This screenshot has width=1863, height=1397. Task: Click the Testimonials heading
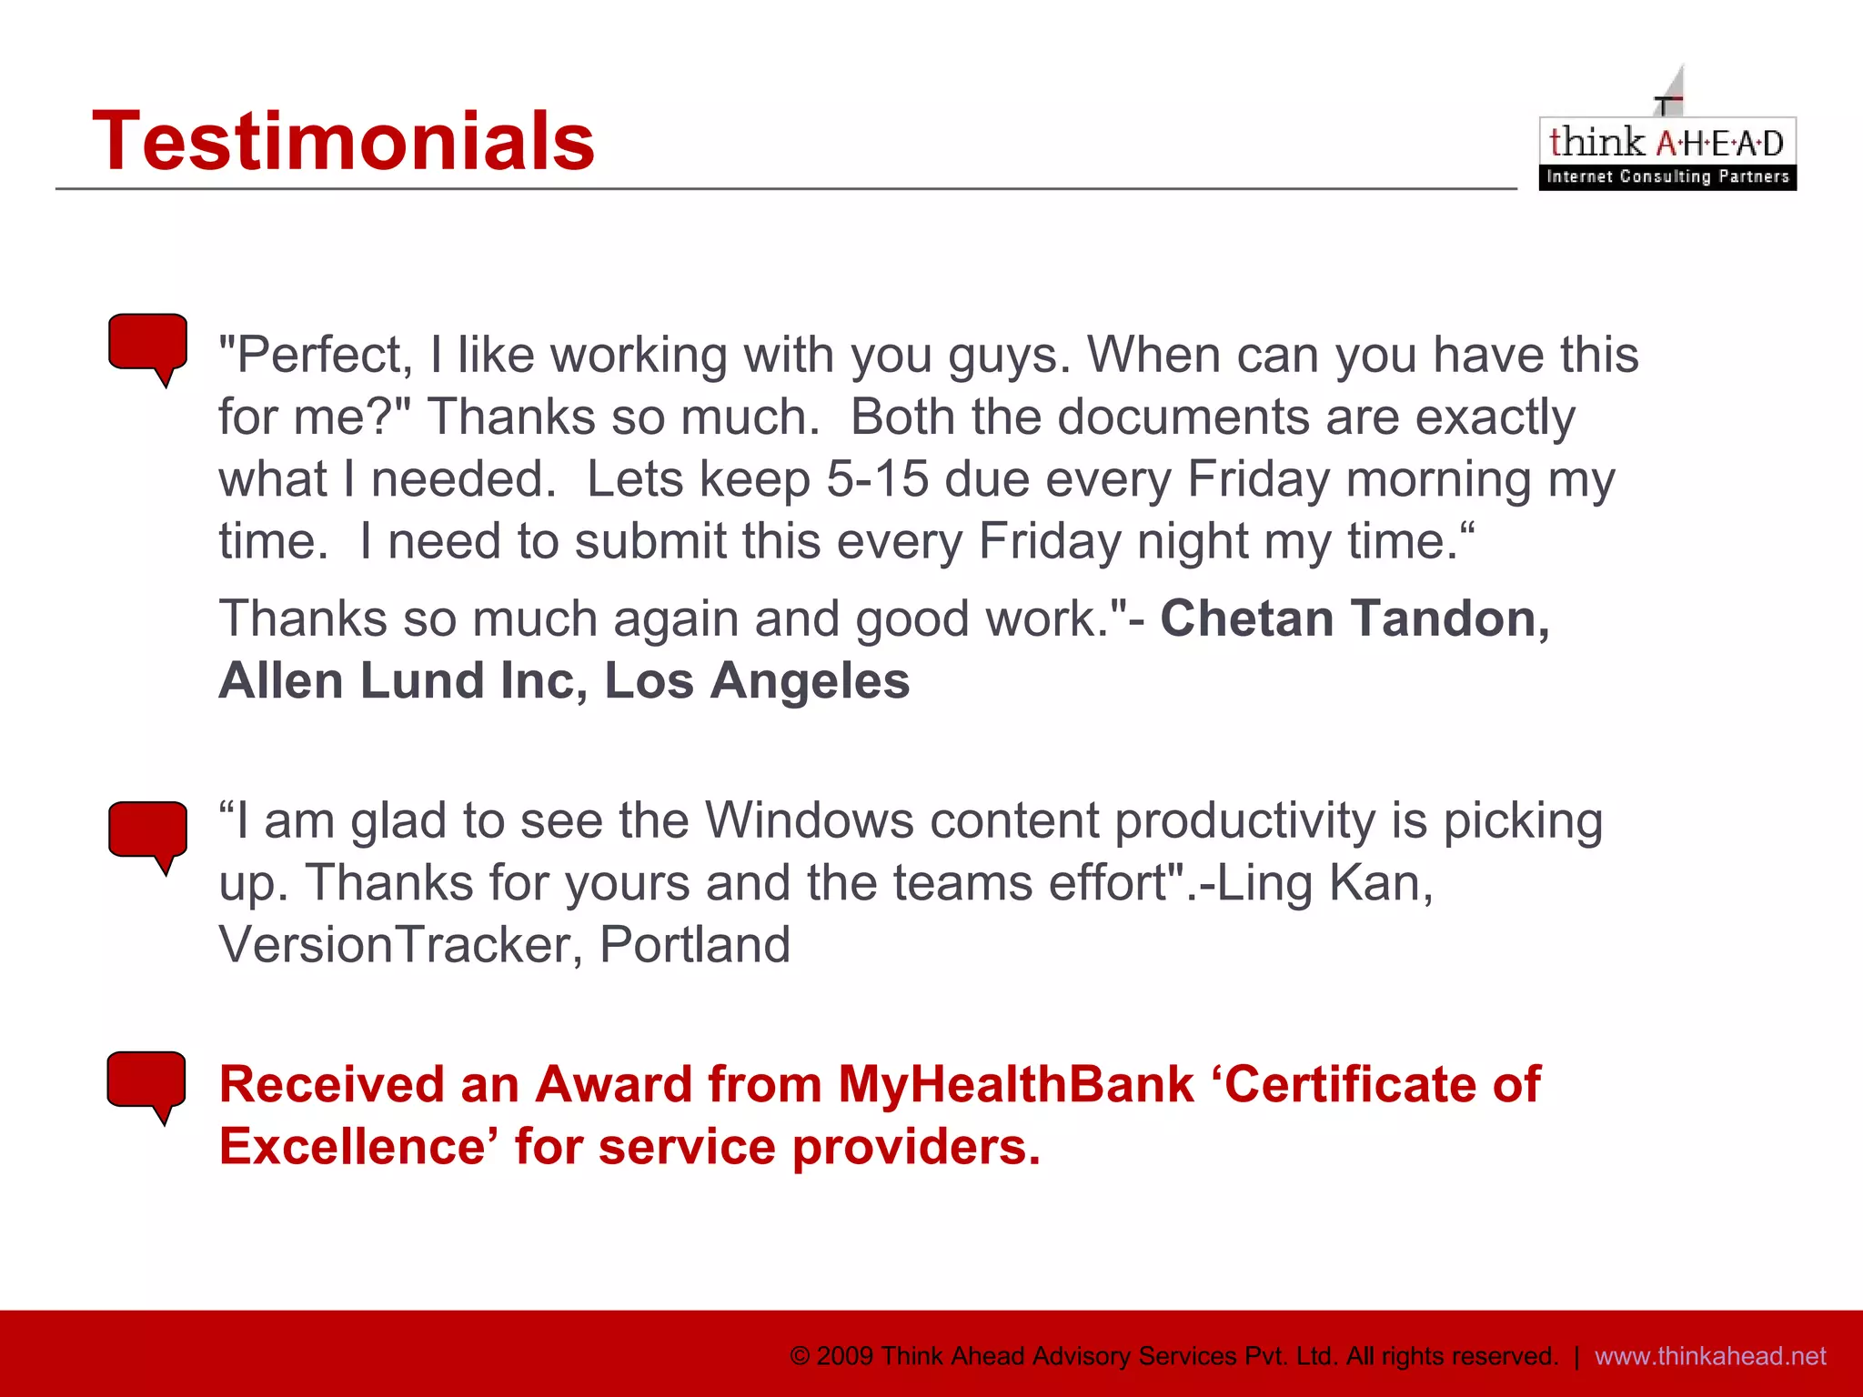click(x=343, y=141)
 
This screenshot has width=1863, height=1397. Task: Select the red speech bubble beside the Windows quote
click(x=148, y=832)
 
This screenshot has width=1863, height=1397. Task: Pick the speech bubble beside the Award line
click(x=146, y=1082)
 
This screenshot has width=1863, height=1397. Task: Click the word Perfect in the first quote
click(x=317, y=355)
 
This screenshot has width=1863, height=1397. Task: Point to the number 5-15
click(x=877, y=479)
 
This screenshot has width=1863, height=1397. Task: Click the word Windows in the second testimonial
click(x=809, y=821)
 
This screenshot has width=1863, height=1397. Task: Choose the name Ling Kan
click(x=1324, y=883)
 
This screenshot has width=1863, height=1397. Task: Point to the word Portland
click(x=695, y=945)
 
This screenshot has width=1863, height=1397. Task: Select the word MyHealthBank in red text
click(x=1015, y=1085)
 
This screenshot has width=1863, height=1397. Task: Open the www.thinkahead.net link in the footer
click(x=1710, y=1356)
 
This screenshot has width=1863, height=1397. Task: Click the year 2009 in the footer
click(x=845, y=1356)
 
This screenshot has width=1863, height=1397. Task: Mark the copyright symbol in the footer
click(x=800, y=1356)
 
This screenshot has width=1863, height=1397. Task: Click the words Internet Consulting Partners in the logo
click(x=1667, y=176)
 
